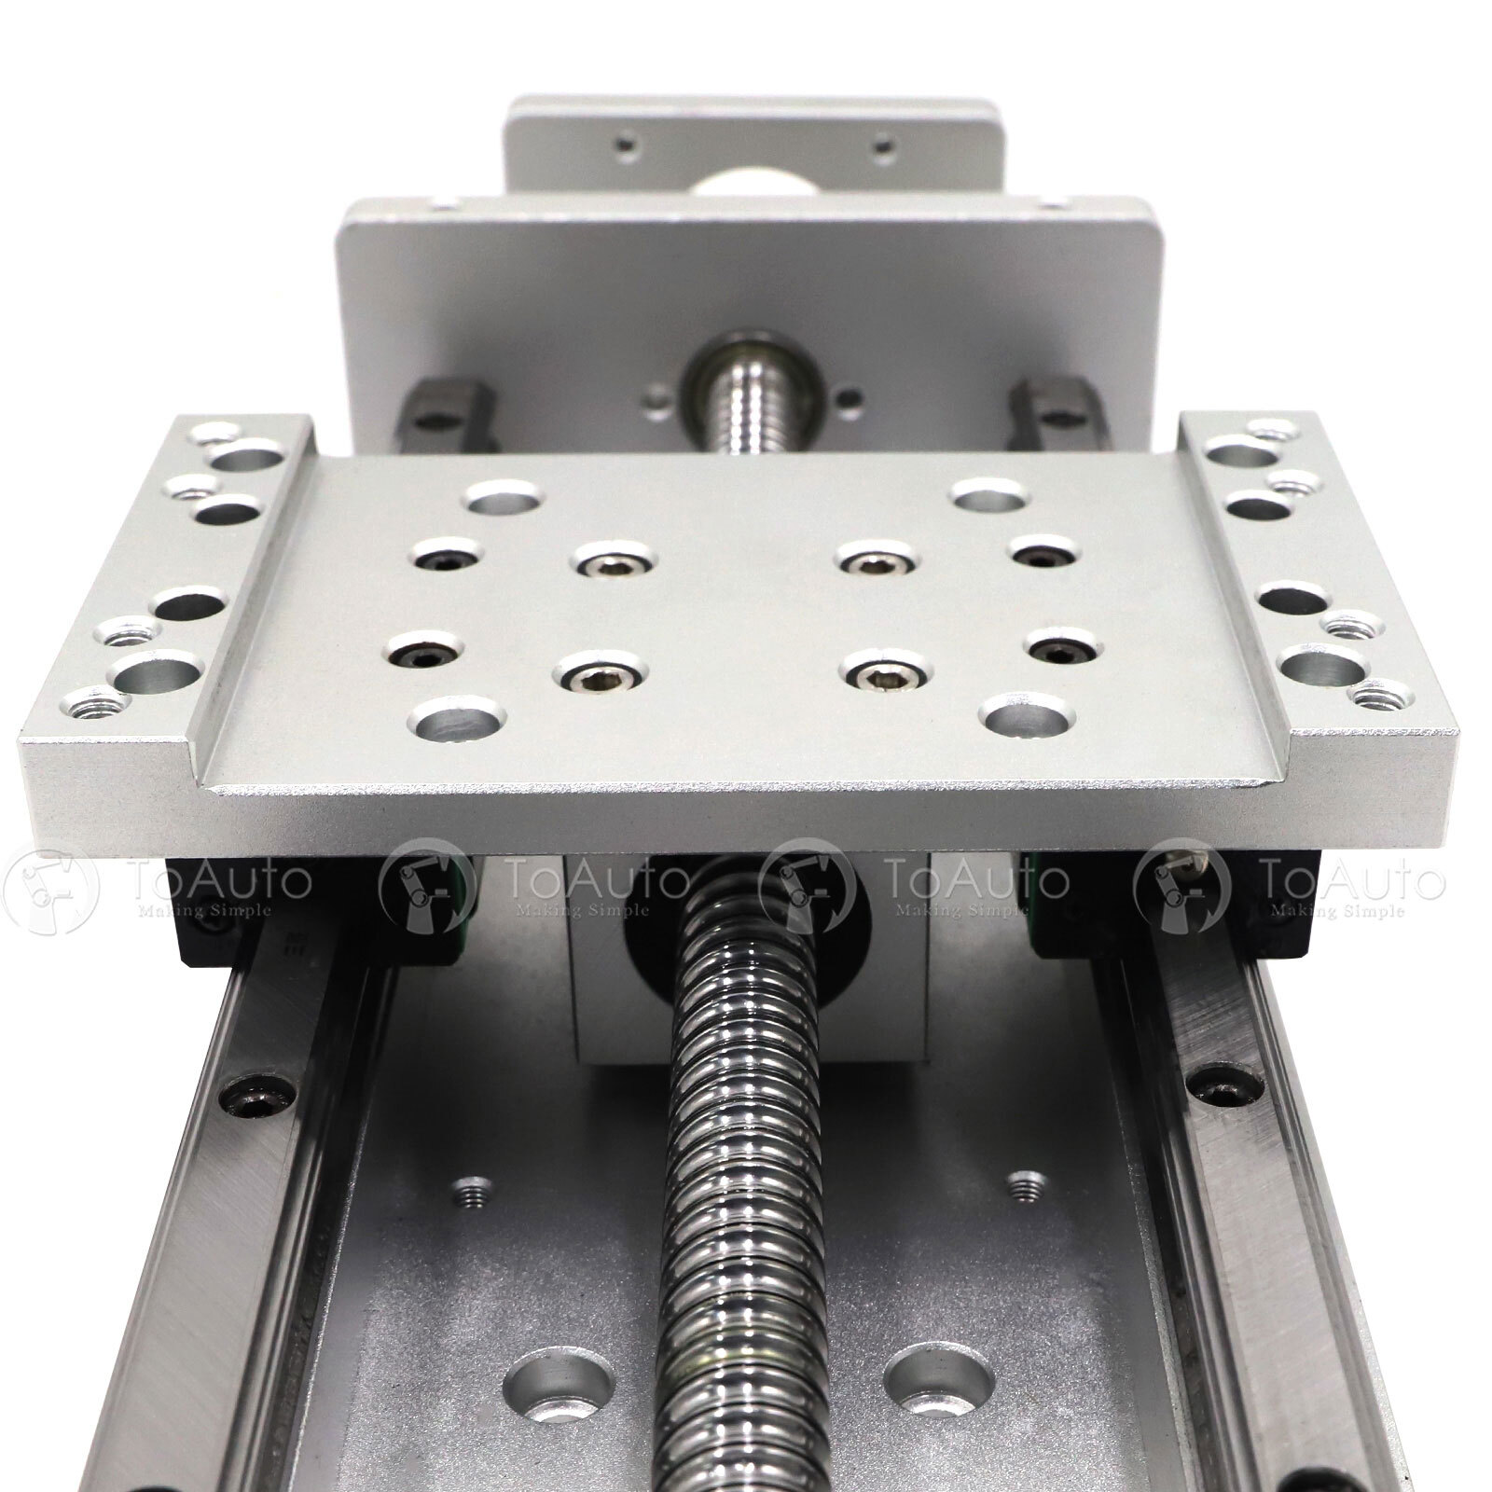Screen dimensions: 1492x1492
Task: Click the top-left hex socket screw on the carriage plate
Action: coord(438,559)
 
